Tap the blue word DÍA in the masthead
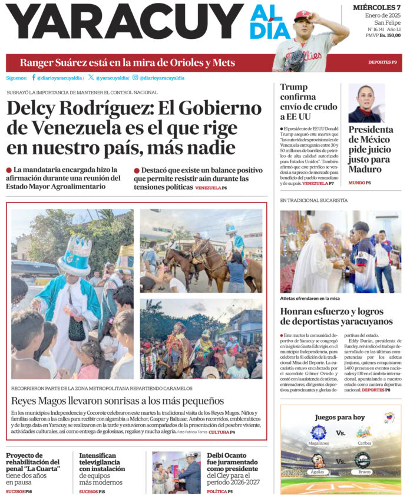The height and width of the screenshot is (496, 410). coord(269,30)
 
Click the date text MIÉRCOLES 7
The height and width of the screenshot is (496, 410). coord(376,7)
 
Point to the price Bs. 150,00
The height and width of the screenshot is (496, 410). coord(390,35)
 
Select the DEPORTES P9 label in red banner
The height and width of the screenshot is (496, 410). coord(382,62)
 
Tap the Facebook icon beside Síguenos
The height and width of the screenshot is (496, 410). coord(34,78)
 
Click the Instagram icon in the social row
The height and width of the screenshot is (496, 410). coord(135,78)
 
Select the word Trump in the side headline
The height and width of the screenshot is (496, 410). coord(294,87)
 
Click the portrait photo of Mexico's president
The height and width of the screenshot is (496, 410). coord(366,102)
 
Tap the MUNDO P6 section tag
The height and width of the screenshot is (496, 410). coord(359,183)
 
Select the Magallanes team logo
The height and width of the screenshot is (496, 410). coord(318,432)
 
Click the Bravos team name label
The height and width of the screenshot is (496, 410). coord(362,472)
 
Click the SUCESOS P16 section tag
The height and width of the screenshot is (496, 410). coord(19,491)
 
